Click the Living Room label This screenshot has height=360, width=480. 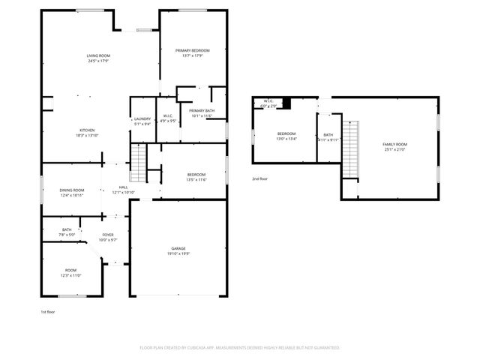click(97, 55)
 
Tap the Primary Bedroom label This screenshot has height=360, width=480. click(193, 50)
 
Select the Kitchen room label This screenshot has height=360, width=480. click(86, 130)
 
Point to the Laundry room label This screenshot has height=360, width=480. click(142, 118)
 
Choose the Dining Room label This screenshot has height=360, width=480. click(72, 190)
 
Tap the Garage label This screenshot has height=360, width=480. click(178, 248)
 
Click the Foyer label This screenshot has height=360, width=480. click(108, 235)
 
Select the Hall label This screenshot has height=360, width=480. click(123, 187)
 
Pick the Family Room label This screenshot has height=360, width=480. click(394, 143)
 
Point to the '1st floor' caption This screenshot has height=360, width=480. click(48, 311)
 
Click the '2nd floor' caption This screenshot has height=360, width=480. click(259, 179)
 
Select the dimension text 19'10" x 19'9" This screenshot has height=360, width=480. click(178, 253)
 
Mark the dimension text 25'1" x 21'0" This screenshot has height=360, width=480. click(394, 148)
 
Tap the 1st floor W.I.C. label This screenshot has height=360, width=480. click(169, 116)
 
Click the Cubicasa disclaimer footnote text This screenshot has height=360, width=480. click(240, 348)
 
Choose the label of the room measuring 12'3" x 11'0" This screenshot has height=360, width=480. click(71, 271)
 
